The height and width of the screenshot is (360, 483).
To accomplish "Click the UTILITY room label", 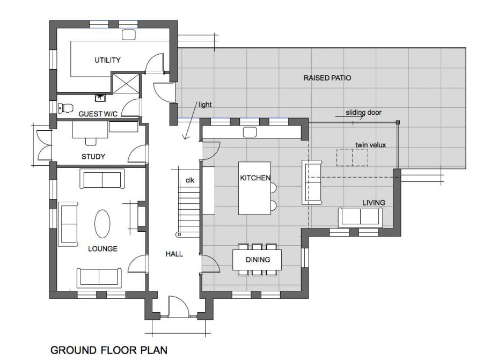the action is point(107,60).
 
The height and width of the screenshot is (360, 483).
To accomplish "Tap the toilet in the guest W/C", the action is point(65,108).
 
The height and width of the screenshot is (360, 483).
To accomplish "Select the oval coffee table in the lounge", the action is point(102,224).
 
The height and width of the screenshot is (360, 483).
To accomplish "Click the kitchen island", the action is point(255,188).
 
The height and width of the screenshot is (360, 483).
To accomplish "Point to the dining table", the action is point(257,260).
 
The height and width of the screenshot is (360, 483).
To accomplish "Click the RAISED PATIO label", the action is point(327,78).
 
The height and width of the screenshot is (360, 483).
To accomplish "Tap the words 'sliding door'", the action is point(363,113).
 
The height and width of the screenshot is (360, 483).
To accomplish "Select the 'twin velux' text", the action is point(370,145).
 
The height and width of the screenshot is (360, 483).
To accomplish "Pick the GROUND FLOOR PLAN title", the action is point(109,350).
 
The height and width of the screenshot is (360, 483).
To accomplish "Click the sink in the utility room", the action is point(129,35).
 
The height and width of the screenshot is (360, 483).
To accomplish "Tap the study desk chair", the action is point(91,141).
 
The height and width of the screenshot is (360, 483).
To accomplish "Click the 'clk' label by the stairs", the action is point(190,180).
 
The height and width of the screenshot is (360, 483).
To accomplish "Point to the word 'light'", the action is point(205,105).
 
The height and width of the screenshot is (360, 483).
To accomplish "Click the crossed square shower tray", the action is point(126,83).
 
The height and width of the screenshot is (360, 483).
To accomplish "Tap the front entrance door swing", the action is point(179,306).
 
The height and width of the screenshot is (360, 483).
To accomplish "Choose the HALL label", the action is point(174,254).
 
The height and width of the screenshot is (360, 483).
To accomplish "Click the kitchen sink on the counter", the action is point(250,133).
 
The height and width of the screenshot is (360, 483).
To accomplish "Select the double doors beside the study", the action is point(44,145).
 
